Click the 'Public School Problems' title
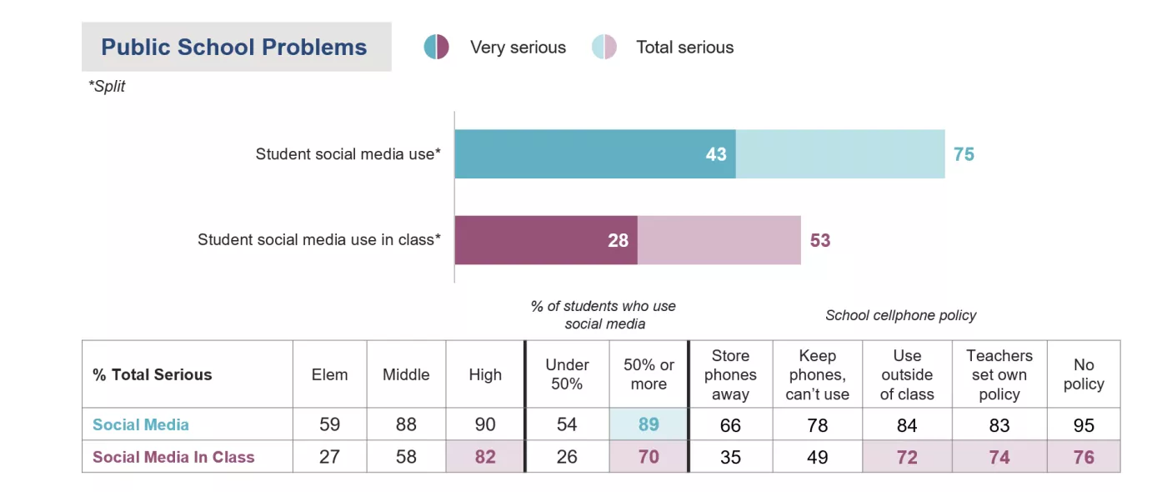click(x=234, y=48)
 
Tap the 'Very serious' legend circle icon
click(x=437, y=48)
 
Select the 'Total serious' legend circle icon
click(x=604, y=48)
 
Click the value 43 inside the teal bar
click(x=716, y=154)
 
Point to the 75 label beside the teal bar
click(x=964, y=154)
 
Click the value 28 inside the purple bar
click(x=618, y=240)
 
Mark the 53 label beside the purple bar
click(x=820, y=240)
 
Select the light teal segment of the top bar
click(x=840, y=154)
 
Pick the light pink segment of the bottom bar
click(x=719, y=240)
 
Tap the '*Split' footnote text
click(x=107, y=87)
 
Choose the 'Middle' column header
click(x=406, y=374)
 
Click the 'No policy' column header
click(x=1084, y=374)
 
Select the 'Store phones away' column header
click(x=730, y=374)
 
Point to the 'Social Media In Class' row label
click(x=173, y=457)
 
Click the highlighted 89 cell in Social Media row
click(x=649, y=424)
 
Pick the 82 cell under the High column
click(x=485, y=457)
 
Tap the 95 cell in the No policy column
click(x=1084, y=424)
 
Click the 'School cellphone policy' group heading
click(x=900, y=315)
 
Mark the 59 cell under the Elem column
click(x=329, y=424)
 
